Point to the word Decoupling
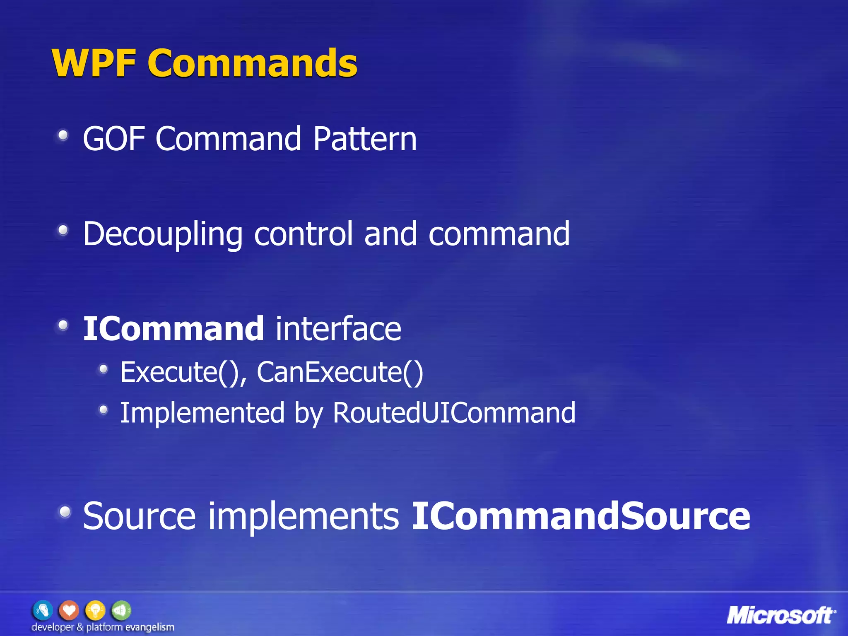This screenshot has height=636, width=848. (x=163, y=234)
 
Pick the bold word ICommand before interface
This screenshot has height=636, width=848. (x=173, y=329)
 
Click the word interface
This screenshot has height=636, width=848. (x=338, y=329)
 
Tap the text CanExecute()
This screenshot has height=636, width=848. (x=340, y=372)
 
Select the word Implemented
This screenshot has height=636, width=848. (x=202, y=413)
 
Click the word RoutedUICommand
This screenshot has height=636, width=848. (x=454, y=413)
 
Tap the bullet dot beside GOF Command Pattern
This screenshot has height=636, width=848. (x=63, y=135)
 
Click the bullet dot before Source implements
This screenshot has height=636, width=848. (x=65, y=512)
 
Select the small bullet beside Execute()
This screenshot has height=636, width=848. (x=104, y=369)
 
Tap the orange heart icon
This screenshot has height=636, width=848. (x=69, y=610)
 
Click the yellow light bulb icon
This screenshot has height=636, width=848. (x=95, y=610)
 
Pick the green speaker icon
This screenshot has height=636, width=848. (x=121, y=610)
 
